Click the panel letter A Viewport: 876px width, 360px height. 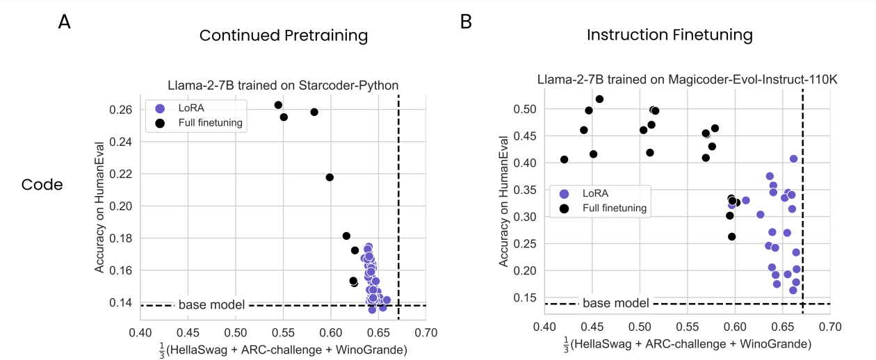pos(64,22)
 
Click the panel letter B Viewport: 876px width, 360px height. pos(466,22)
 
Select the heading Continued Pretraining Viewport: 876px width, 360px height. pos(284,35)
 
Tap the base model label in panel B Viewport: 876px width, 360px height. pos(616,303)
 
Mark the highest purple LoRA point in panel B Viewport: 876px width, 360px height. pos(793,158)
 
